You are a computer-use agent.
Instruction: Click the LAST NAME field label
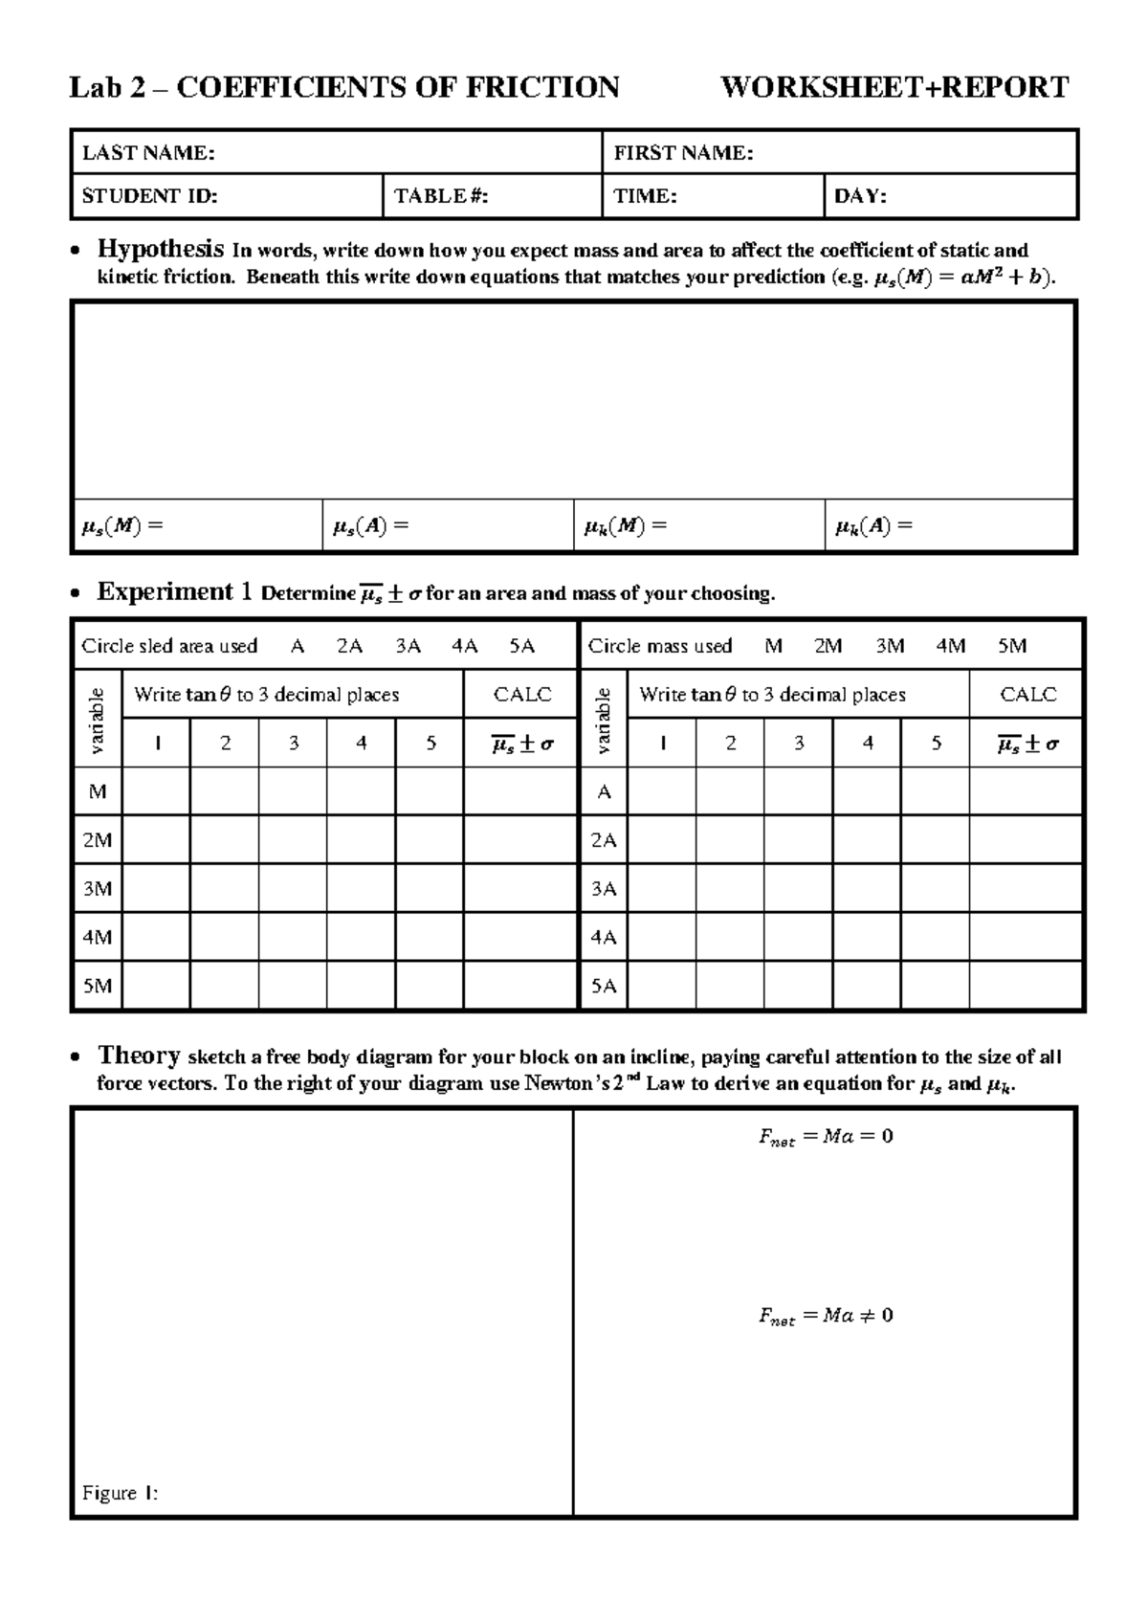(x=147, y=153)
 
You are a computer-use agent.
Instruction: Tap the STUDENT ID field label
(x=149, y=197)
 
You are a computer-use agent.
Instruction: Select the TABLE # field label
(x=441, y=197)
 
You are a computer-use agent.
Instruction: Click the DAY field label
(x=860, y=197)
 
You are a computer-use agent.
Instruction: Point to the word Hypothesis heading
(x=161, y=250)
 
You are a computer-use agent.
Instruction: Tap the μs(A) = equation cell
(x=370, y=525)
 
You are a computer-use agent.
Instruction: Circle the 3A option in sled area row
(x=408, y=646)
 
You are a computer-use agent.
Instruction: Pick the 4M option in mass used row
(x=950, y=646)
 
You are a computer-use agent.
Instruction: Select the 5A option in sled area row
(x=521, y=646)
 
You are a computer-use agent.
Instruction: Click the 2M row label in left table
(x=98, y=840)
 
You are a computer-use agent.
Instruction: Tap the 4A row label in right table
(x=604, y=938)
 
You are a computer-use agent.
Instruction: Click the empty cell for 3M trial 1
(x=157, y=889)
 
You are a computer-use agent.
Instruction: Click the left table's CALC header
(x=522, y=695)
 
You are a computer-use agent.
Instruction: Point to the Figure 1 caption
(x=120, y=1493)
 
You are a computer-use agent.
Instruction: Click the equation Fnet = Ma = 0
(x=826, y=1137)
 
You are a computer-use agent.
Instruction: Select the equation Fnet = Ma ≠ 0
(x=826, y=1316)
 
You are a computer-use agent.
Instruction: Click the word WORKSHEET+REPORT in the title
(x=894, y=88)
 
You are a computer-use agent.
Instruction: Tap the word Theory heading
(x=140, y=1056)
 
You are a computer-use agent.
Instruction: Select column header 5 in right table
(x=936, y=744)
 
